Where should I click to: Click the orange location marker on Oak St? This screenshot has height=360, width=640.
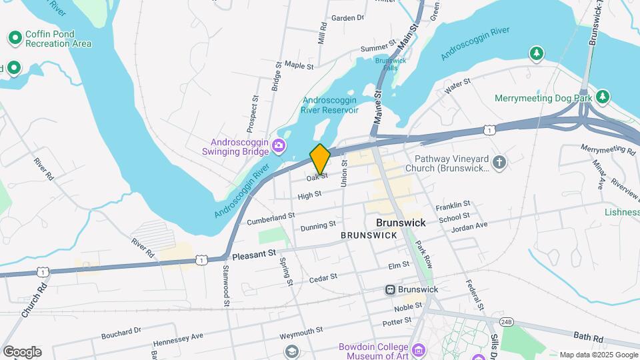tap(320, 159)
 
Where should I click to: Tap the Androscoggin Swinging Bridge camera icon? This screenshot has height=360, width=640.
tap(280, 146)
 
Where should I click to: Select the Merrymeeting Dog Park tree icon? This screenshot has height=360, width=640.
tap(603, 97)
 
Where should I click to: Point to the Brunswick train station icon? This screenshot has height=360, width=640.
tap(390, 289)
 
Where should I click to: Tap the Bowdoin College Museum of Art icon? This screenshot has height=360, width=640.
tap(419, 350)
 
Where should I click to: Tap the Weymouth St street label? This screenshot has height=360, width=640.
tap(301, 330)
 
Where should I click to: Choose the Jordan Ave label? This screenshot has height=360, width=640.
tap(469, 225)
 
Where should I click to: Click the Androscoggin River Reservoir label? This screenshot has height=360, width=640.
tap(330, 105)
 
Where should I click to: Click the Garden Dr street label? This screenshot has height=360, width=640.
tap(347, 18)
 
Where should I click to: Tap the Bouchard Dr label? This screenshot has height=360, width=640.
tap(121, 330)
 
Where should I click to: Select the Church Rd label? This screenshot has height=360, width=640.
tap(45, 300)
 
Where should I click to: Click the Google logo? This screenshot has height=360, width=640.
tap(22, 351)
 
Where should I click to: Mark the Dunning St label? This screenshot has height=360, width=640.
tap(318, 227)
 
